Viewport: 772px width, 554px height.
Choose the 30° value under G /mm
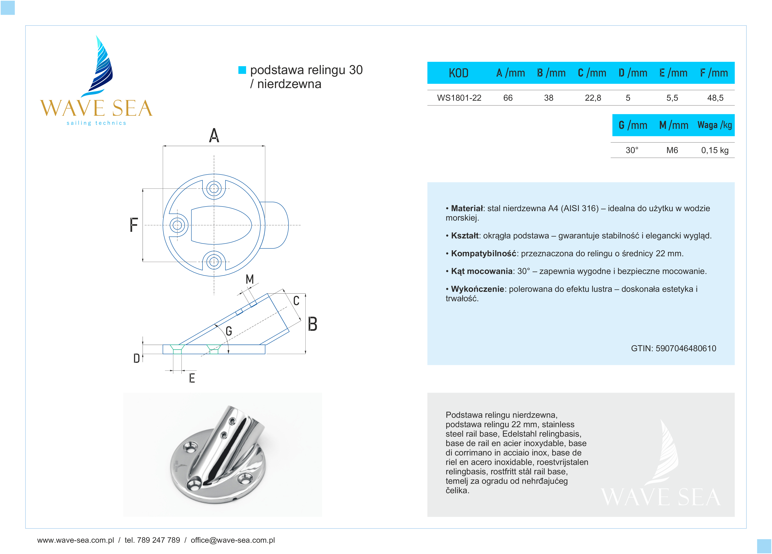point(632,150)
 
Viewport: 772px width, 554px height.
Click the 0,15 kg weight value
point(714,150)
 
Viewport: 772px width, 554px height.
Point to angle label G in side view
point(229,331)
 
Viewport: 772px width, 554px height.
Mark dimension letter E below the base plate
point(192,378)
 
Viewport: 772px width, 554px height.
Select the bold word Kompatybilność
point(483,253)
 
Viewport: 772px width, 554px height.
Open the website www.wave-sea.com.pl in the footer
point(76,540)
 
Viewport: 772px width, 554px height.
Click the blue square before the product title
point(242,70)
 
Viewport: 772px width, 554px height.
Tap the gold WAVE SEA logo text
point(96,108)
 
